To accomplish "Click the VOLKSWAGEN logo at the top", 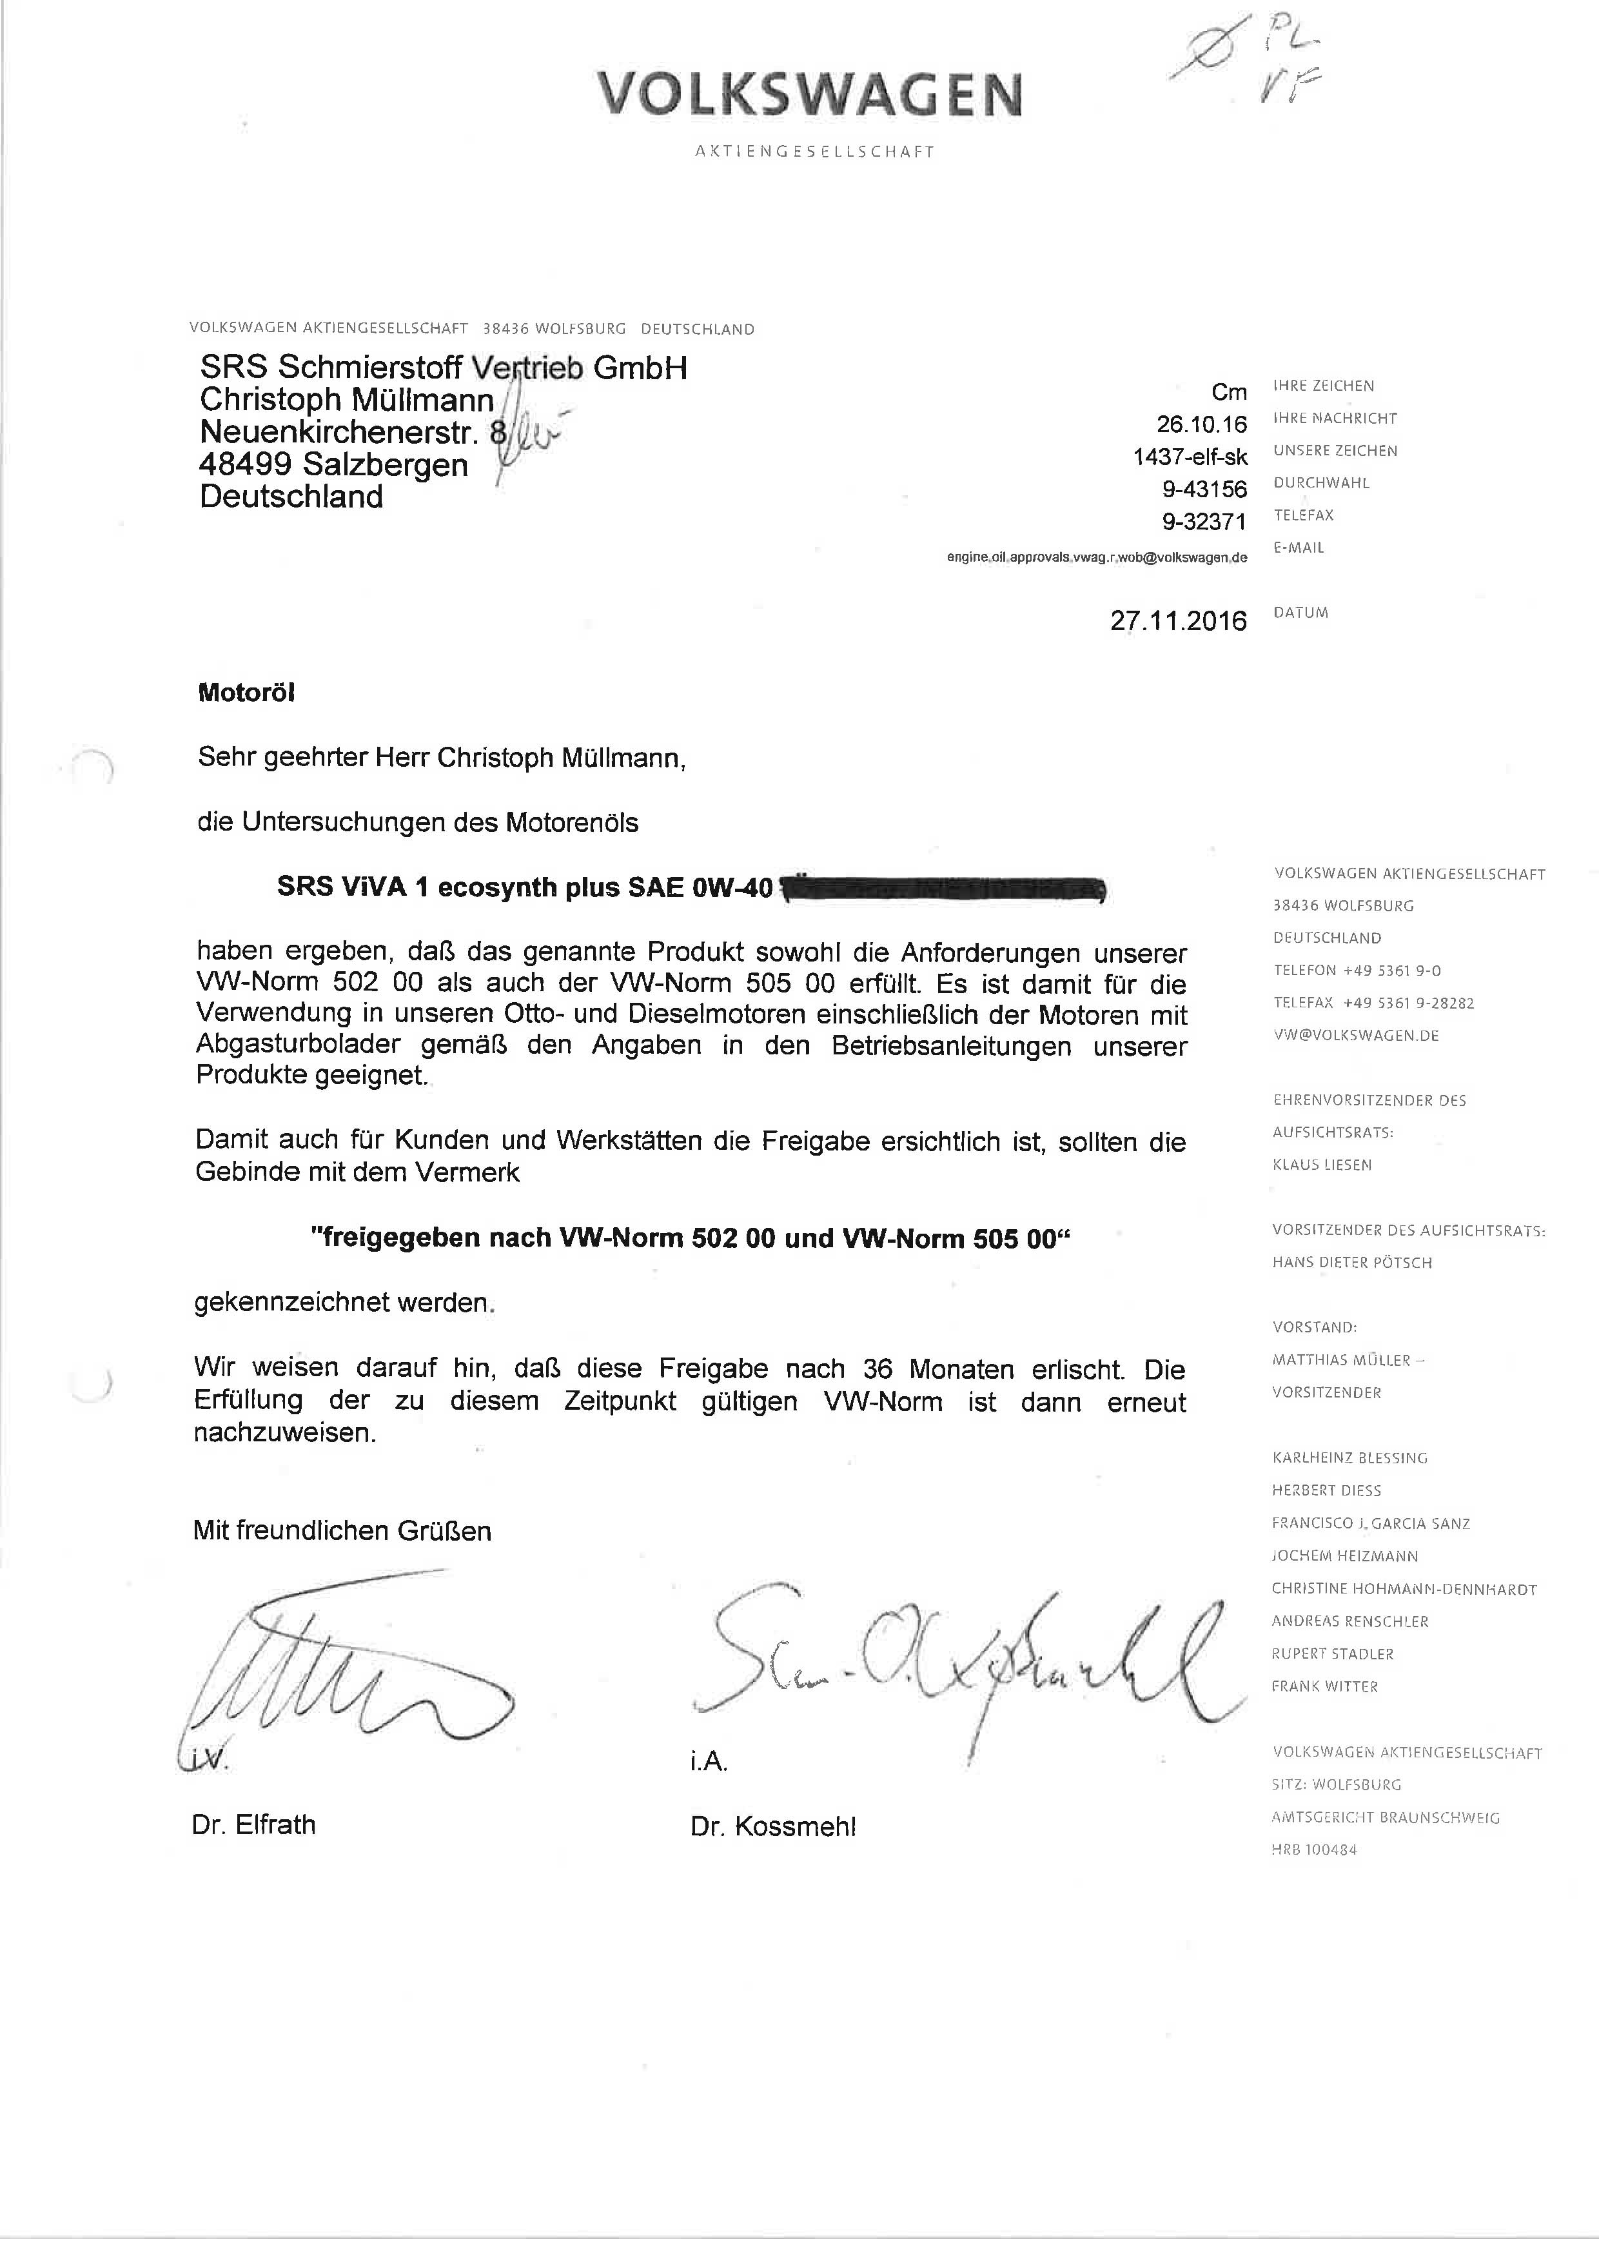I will [809, 95].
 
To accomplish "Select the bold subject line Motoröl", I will [246, 692].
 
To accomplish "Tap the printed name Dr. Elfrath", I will [254, 1824].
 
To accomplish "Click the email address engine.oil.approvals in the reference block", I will [1097, 557].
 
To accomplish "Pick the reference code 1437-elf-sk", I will [1190, 457].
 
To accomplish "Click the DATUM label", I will [1300, 613].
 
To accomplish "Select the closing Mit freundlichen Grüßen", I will [342, 1530].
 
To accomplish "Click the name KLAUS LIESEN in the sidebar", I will [1321, 1165].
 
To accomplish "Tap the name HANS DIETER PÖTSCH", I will [1352, 1263].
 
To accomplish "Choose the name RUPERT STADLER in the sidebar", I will [1332, 1654].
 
